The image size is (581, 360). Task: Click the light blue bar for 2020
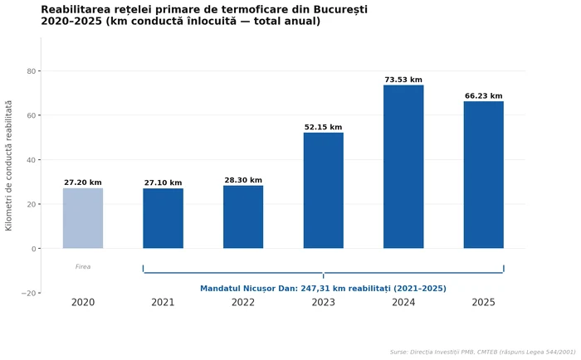pos(83,218)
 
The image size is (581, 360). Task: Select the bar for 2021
pos(163,218)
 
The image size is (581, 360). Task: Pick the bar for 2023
pos(323,191)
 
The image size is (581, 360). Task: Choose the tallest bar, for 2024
pos(403,167)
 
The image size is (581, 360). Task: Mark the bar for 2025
pos(483,175)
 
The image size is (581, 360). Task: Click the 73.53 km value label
pos(403,80)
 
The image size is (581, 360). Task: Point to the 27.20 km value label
pos(83,182)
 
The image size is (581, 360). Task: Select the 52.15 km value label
pos(323,128)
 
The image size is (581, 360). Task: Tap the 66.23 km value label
pos(483,96)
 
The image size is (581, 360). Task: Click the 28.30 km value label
pos(243,180)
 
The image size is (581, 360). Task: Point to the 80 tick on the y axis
pos(32,71)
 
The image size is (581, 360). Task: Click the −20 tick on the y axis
pos(28,294)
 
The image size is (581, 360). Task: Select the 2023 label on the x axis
pos(323,303)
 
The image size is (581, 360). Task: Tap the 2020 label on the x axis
pos(83,303)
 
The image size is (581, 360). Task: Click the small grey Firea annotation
pos(83,267)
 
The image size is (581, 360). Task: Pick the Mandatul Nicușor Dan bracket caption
pos(323,289)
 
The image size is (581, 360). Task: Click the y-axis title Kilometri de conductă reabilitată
pos(9,165)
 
